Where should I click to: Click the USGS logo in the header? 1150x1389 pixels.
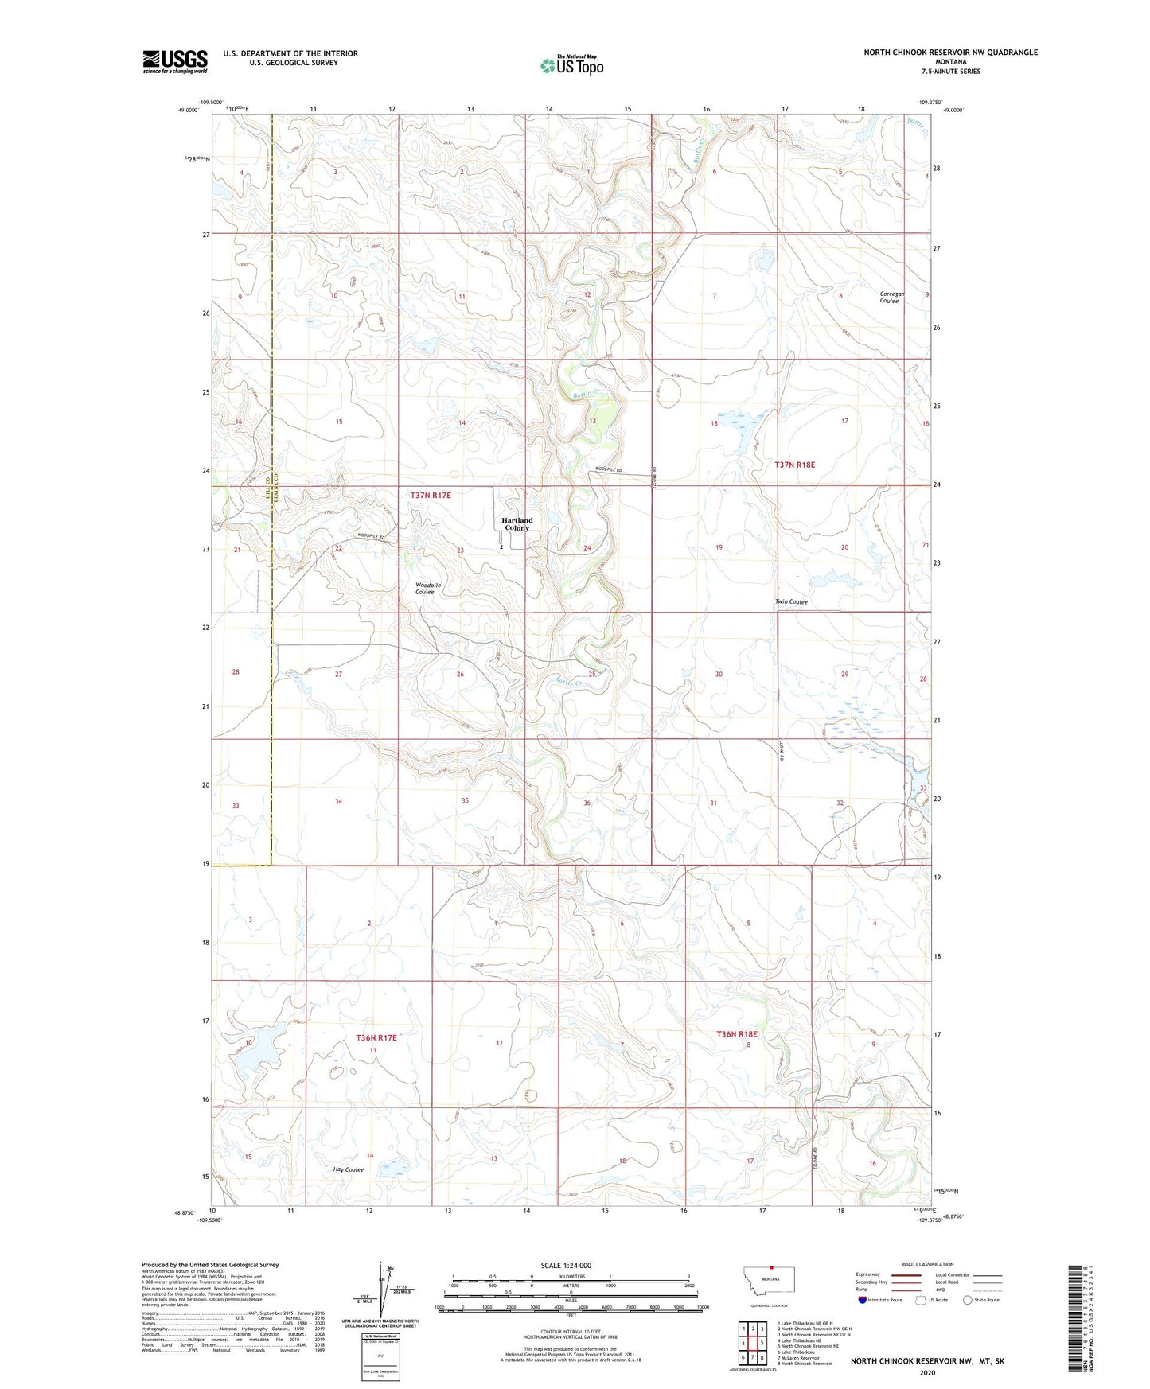click(x=174, y=61)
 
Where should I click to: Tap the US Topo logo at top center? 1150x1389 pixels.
click(x=571, y=64)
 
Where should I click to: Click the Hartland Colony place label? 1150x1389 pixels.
click(x=517, y=524)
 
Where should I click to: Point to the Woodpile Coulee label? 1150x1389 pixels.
click(x=427, y=588)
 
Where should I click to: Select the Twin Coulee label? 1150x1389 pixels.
click(x=791, y=601)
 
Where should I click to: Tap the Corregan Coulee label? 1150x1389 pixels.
click(x=891, y=297)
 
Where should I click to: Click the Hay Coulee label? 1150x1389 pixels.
click(x=349, y=1169)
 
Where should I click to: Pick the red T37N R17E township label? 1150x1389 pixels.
click(x=431, y=495)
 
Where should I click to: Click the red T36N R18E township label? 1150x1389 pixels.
click(x=737, y=1034)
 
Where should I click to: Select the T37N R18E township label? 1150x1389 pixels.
click(x=794, y=464)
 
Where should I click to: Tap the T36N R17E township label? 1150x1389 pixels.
click(x=376, y=1037)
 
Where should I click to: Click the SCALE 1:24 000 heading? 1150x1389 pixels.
click(x=565, y=1265)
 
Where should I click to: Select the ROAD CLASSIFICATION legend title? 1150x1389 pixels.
click(x=926, y=1264)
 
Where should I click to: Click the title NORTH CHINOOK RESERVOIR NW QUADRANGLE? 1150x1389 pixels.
click(x=950, y=53)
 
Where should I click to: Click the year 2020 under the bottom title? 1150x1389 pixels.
click(x=926, y=1372)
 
